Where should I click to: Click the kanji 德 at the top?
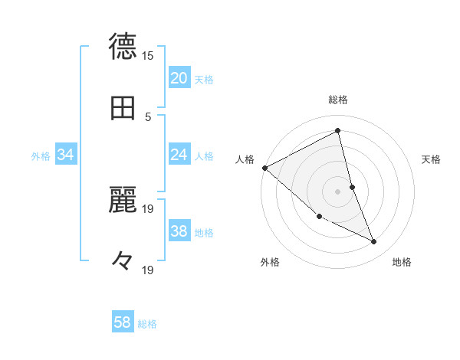click(123, 46)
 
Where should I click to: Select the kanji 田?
click(123, 108)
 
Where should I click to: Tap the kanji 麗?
click(123, 201)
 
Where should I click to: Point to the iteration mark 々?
click(123, 262)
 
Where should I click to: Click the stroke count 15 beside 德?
click(148, 56)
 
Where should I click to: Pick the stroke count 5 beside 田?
click(148, 116)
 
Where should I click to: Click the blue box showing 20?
click(179, 77)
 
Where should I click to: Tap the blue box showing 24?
click(179, 155)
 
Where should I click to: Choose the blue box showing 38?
click(179, 231)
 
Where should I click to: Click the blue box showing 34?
click(65, 155)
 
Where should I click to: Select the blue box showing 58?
click(123, 322)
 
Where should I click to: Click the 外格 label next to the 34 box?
click(41, 155)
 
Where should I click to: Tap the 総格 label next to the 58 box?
click(147, 324)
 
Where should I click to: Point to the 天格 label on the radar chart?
click(432, 159)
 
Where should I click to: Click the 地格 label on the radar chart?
click(402, 262)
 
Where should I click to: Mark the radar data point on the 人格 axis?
click(264, 167)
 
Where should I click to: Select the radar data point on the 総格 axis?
click(338, 130)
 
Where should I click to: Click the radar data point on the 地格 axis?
click(374, 241)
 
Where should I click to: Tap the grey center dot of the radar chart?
click(338, 191)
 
